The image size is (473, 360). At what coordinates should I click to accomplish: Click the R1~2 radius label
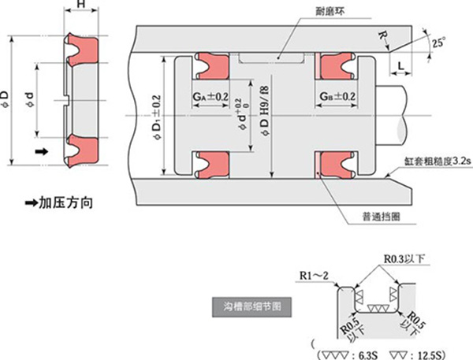click(x=314, y=275)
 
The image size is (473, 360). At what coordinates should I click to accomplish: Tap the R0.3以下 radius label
click(x=403, y=258)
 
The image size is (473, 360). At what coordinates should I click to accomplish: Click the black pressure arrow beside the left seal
click(x=41, y=150)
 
